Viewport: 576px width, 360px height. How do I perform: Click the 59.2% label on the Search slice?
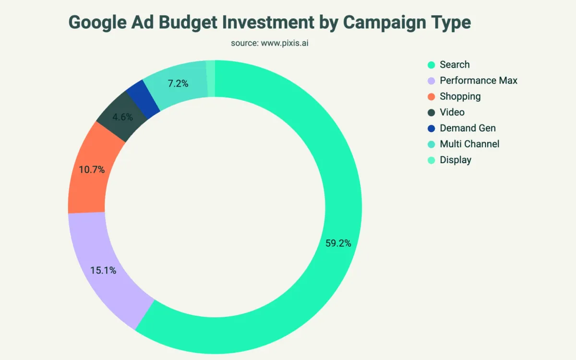point(338,243)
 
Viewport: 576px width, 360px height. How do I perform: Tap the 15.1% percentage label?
point(103,270)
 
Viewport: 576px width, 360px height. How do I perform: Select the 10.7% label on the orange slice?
point(91,169)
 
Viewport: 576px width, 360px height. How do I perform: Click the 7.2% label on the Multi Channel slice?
point(178,84)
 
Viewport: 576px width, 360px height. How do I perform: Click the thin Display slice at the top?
point(210,79)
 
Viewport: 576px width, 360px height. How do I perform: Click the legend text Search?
point(455,65)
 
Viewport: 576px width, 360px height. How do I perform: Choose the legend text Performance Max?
point(479,81)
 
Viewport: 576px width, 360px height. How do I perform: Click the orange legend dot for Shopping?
point(431,96)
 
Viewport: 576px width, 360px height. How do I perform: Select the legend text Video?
point(452,112)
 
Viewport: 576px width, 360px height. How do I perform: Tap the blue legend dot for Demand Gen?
point(431,128)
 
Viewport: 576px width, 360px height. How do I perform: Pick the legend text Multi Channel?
point(469,144)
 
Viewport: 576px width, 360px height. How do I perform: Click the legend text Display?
point(456,160)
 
